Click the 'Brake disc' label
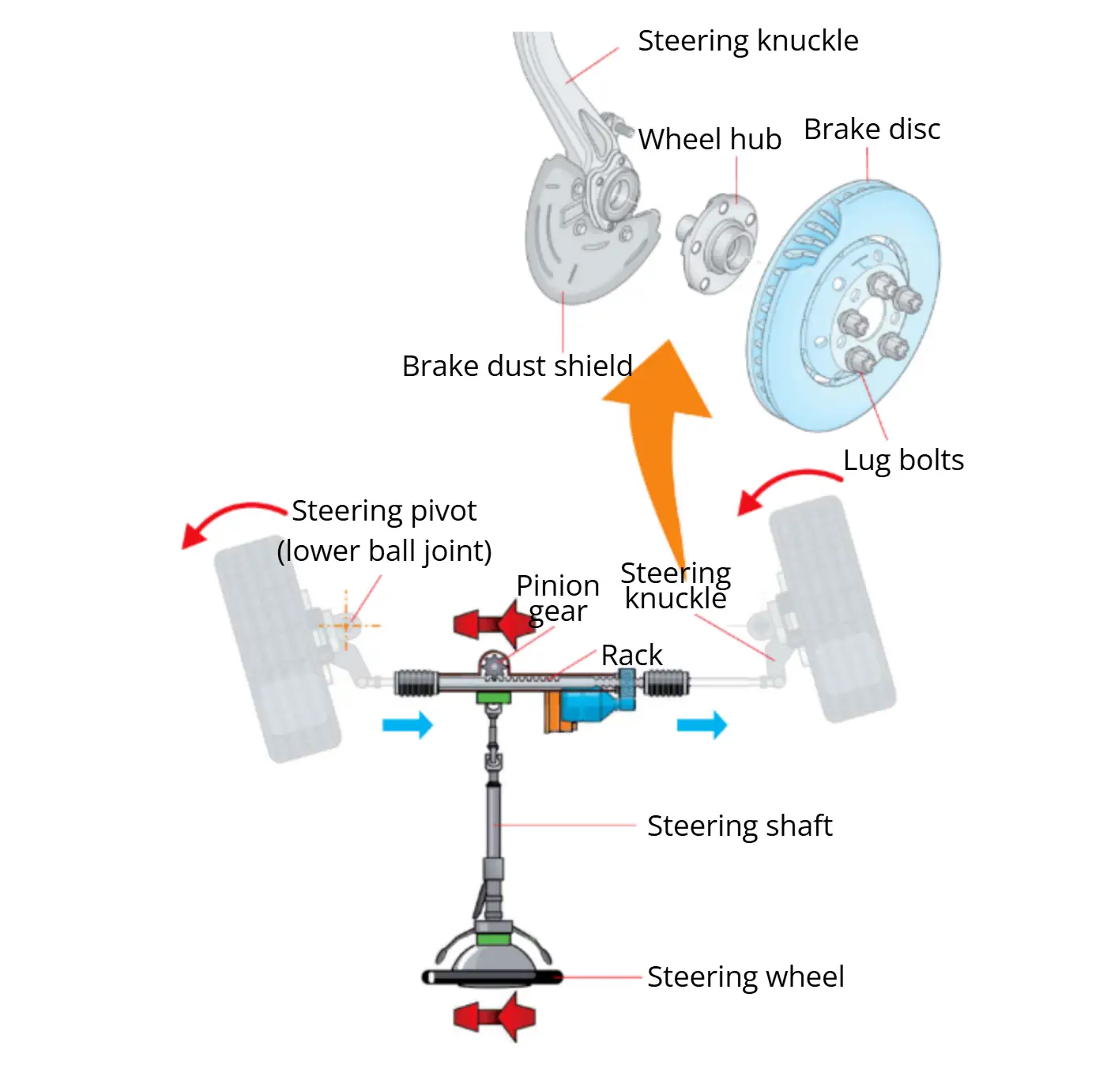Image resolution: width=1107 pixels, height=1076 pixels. [x=872, y=130]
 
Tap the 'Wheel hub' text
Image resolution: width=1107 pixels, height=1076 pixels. [x=709, y=139]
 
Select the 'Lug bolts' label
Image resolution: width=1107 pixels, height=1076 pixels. [x=903, y=460]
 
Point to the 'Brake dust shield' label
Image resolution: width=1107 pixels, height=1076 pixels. [x=517, y=367]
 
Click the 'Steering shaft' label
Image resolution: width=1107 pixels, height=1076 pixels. [x=739, y=826]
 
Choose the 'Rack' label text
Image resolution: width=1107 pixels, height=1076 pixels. [x=631, y=655]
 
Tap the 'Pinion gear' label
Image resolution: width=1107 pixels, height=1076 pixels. [x=558, y=598]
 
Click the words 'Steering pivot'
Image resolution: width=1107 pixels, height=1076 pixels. [x=384, y=511]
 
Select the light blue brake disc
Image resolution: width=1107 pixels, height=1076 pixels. [x=845, y=308]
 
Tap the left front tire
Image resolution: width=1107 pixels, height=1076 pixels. [x=277, y=648]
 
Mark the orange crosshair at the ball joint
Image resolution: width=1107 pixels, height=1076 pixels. [x=346, y=626]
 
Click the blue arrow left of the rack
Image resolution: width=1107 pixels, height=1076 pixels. [x=408, y=724]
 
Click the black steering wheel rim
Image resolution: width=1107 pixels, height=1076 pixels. [x=493, y=978]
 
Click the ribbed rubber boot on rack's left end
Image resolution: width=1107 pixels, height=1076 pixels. [x=415, y=683]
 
